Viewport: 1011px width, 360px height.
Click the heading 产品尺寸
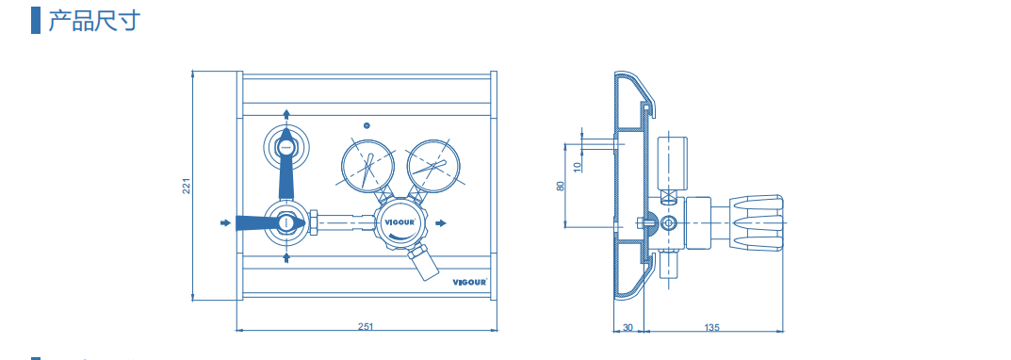click(x=94, y=22)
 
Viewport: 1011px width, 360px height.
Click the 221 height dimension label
click(x=187, y=186)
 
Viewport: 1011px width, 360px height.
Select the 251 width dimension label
click(x=366, y=326)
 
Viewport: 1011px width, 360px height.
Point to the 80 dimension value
click(x=561, y=185)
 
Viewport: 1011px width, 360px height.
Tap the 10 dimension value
click(x=577, y=166)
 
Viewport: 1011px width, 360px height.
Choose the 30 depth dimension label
click(x=628, y=327)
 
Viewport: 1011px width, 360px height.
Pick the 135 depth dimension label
click(x=711, y=327)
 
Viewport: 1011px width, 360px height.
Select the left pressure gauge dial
click(x=367, y=165)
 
